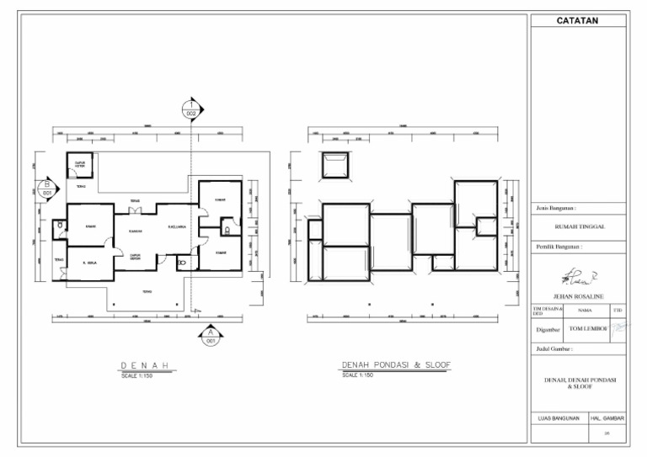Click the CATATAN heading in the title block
pos(578,21)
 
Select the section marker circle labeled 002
pos(192,108)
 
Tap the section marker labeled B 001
pos(48,188)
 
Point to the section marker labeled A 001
pos(208,337)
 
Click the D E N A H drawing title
pos(147,365)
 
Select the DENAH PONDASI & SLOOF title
pos(395,365)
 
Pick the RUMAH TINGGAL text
pos(579,226)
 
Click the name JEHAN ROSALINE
pos(579,297)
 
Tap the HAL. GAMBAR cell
pos(607,418)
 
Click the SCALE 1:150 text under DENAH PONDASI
pos(357,375)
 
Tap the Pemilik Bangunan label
pos(560,247)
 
